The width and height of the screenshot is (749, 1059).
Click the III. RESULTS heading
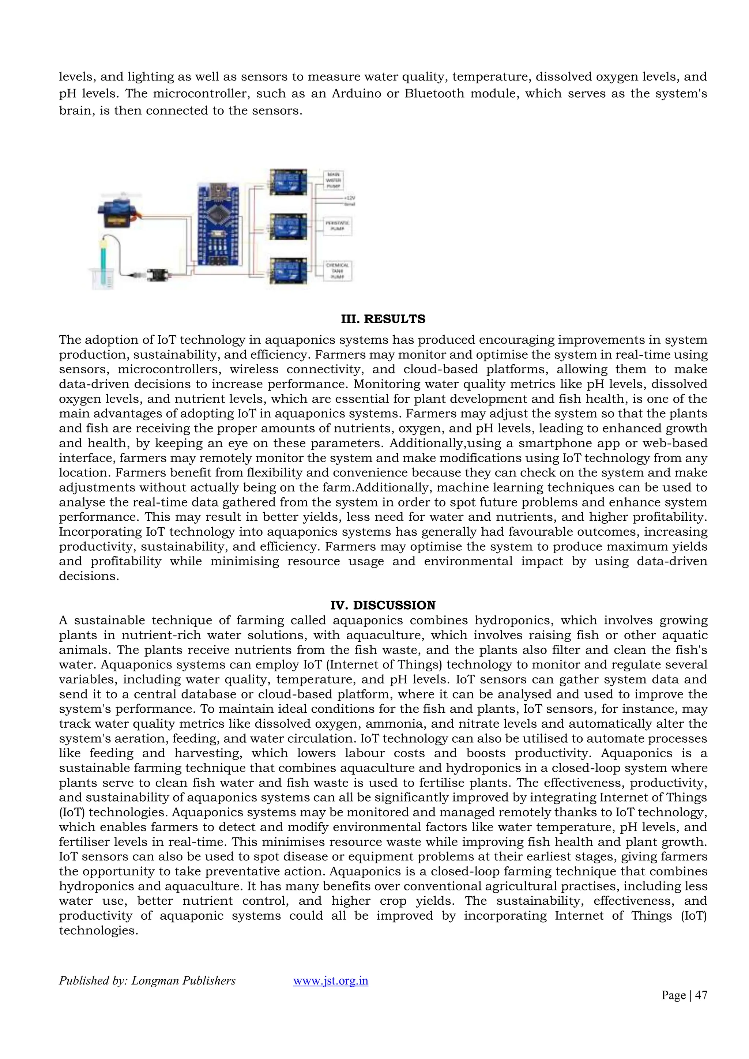[383, 319]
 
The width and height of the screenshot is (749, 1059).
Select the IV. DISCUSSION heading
[383, 605]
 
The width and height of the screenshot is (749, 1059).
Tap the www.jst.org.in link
[330, 981]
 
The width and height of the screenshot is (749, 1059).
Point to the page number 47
[701, 995]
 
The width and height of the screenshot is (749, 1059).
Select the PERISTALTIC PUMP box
[338, 226]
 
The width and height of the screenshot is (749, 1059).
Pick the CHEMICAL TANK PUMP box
[338, 271]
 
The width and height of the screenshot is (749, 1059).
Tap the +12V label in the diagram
[349, 197]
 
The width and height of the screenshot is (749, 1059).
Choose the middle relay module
[288, 226]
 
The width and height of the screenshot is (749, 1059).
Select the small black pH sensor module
[158, 275]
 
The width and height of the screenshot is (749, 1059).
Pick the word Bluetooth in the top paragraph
[434, 94]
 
